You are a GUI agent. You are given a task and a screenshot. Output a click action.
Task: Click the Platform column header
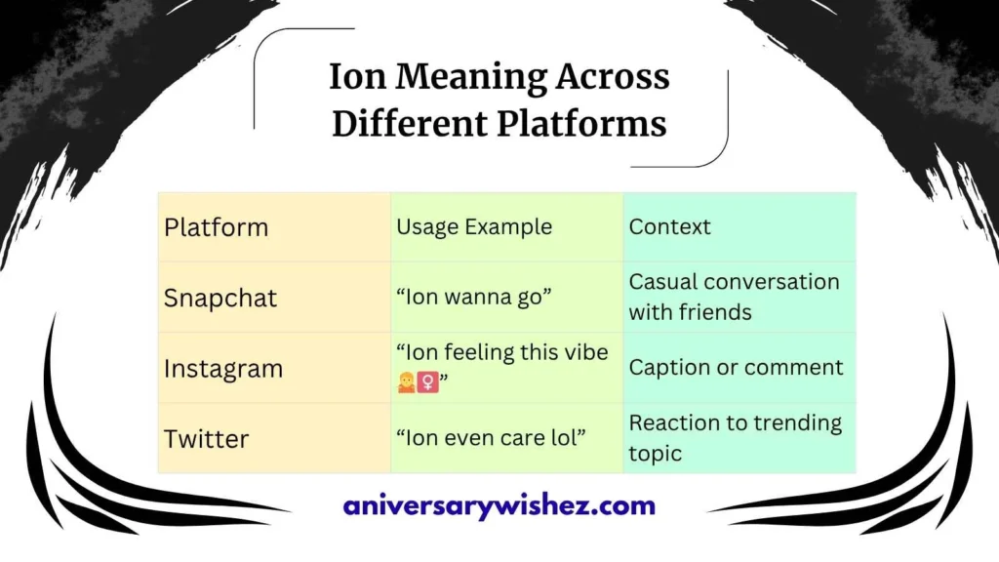(x=216, y=227)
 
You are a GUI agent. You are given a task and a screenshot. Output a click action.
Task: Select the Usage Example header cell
(x=474, y=227)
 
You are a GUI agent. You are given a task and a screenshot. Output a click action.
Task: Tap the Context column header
(x=669, y=227)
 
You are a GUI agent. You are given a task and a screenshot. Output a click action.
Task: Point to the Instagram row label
(x=223, y=369)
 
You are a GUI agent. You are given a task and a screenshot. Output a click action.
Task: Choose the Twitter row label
(x=206, y=439)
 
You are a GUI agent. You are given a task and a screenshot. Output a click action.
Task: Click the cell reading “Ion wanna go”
(x=475, y=298)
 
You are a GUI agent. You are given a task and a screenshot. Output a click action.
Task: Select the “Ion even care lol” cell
(x=491, y=439)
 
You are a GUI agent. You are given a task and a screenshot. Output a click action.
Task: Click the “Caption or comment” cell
(x=736, y=368)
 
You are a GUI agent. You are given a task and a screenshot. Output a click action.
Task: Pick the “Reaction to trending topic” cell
(x=735, y=437)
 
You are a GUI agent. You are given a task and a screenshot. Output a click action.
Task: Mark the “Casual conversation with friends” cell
(x=734, y=297)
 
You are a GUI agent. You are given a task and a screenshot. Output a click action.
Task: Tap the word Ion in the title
(x=357, y=77)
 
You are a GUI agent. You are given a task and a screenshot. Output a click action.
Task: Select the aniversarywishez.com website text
(x=499, y=506)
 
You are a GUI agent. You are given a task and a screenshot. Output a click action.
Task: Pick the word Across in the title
(x=611, y=77)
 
